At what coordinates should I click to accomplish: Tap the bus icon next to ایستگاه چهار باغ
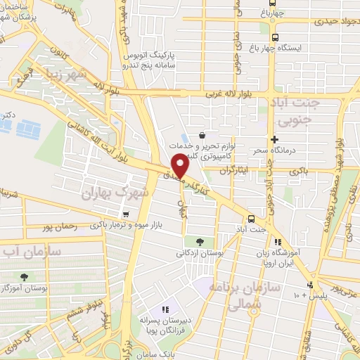point(274,37)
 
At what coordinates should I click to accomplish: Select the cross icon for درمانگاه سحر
point(274,140)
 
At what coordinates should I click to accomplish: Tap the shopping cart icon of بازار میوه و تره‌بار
point(125,215)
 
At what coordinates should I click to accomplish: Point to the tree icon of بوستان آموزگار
point(25,277)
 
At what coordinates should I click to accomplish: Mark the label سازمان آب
point(31,250)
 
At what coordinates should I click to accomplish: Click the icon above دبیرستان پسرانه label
point(165,309)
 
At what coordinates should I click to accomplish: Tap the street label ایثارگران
point(235,171)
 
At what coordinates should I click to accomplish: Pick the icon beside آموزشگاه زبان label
point(278,241)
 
